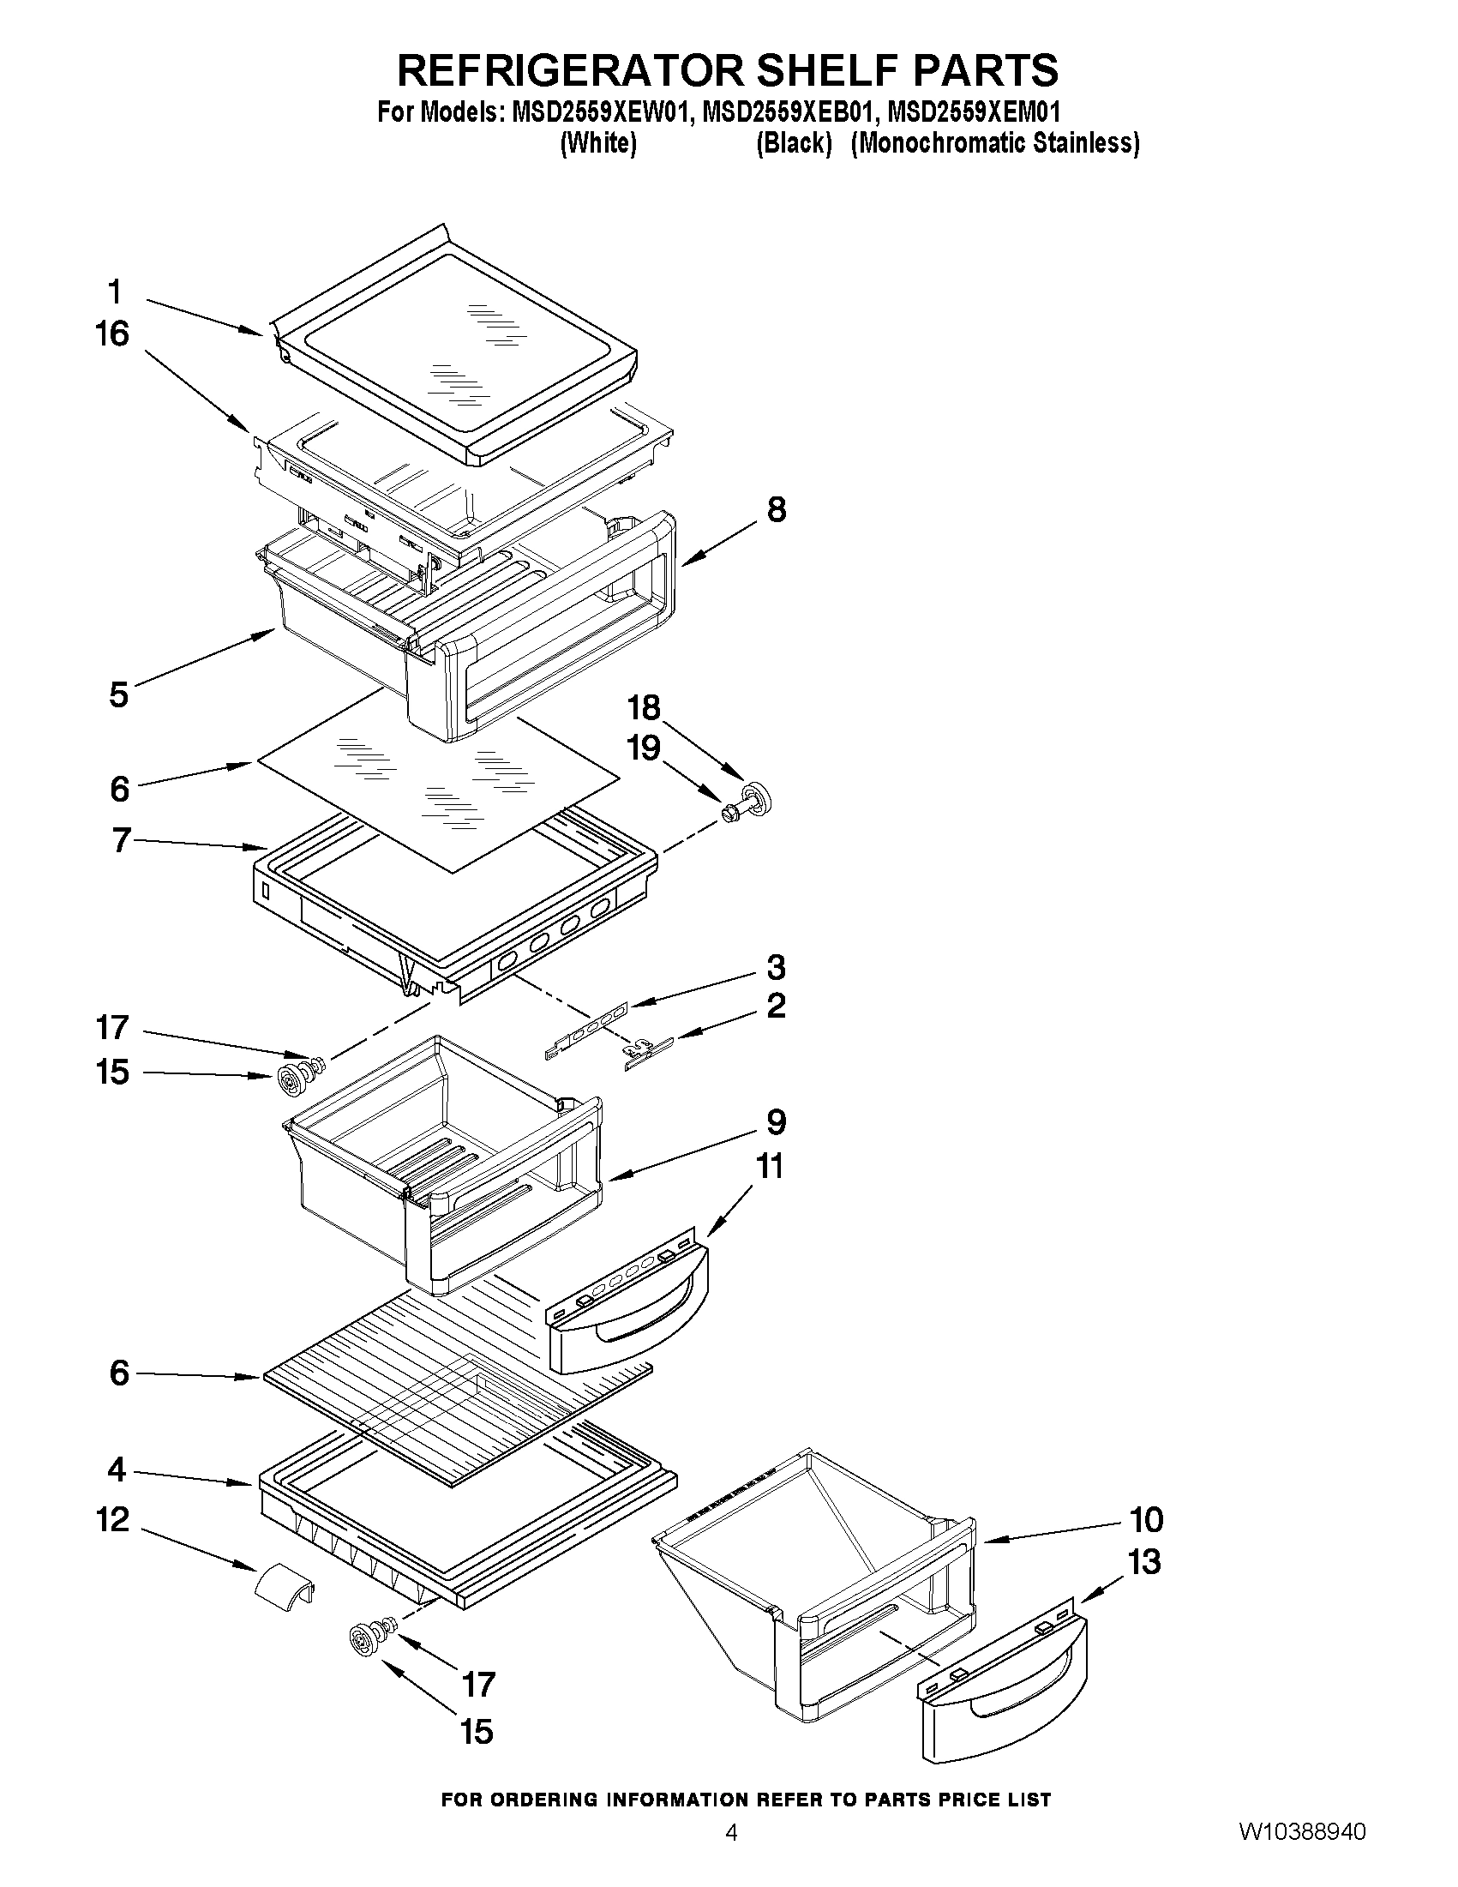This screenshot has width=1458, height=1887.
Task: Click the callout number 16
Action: click(x=112, y=334)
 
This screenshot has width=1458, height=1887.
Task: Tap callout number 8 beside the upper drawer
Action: click(x=777, y=510)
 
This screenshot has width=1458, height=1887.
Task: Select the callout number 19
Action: click(x=645, y=748)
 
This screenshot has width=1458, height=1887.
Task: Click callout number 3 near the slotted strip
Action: click(x=776, y=967)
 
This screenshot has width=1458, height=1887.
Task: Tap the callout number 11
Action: click(x=770, y=1167)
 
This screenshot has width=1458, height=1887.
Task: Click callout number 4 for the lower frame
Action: click(x=117, y=1469)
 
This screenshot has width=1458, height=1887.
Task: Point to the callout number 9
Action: click(x=776, y=1122)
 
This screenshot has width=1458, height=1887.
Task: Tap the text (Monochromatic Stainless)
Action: click(x=994, y=142)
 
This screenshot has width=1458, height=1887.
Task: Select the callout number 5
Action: click(x=118, y=694)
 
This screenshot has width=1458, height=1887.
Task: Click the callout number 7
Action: click(x=121, y=840)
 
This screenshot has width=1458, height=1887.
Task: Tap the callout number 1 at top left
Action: click(x=115, y=291)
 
